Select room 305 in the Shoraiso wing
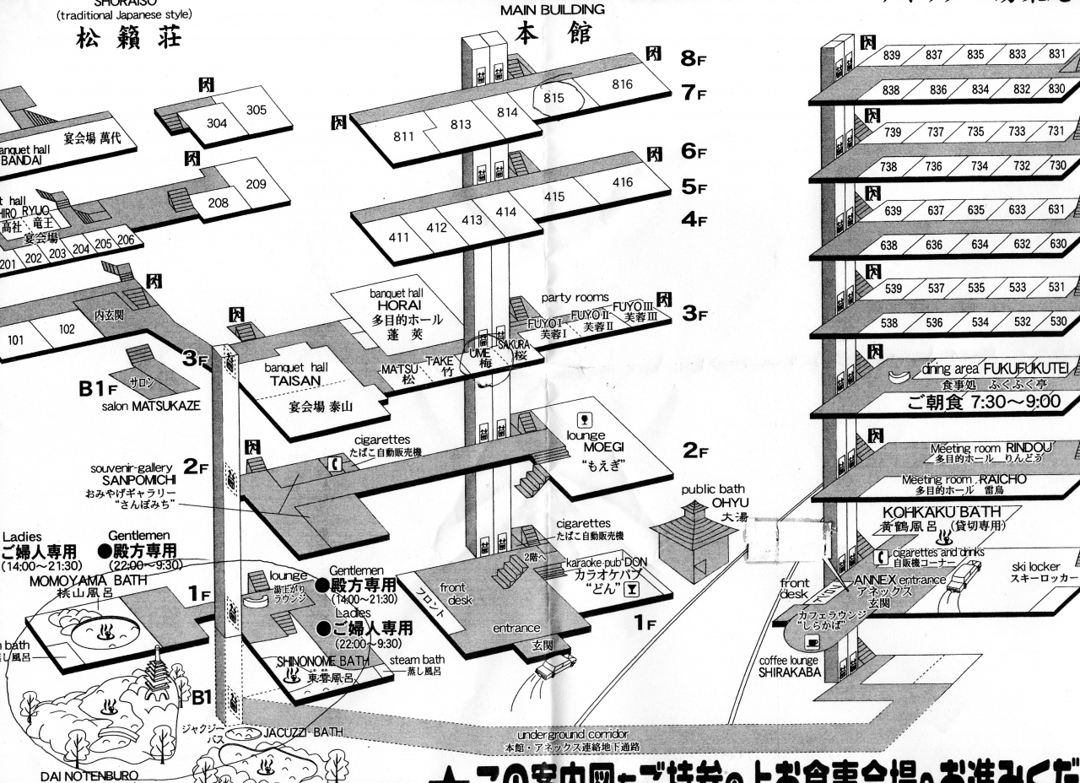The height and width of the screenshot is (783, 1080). (x=256, y=110)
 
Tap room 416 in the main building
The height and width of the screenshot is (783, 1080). (x=623, y=182)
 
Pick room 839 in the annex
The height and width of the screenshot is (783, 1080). (x=892, y=56)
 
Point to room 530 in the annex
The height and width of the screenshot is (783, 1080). (x=1057, y=321)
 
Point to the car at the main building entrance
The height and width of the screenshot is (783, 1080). (x=555, y=666)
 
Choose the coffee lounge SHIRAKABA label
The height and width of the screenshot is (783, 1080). (x=788, y=667)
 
